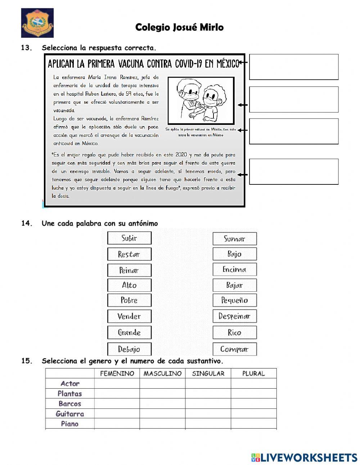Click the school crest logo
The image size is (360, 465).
click(37, 23)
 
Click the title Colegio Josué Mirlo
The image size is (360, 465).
click(179, 27)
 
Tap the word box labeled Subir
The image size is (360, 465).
click(129, 238)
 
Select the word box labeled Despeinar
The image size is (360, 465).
click(234, 316)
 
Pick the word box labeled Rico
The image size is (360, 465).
click(234, 332)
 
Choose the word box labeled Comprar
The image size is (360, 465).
click(234, 349)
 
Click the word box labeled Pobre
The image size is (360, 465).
click(129, 300)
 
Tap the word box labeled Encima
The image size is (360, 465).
click(234, 269)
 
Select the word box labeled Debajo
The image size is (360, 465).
click(129, 349)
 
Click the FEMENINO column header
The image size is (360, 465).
click(117, 374)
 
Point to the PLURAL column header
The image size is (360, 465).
click(253, 374)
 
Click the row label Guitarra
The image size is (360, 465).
click(70, 414)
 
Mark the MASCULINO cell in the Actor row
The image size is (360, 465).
click(162, 384)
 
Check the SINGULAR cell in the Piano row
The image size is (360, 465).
click(208, 424)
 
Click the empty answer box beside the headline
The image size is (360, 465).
click(294, 67)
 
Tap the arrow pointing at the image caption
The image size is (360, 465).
click(243, 130)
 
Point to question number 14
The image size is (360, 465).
click(27, 223)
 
